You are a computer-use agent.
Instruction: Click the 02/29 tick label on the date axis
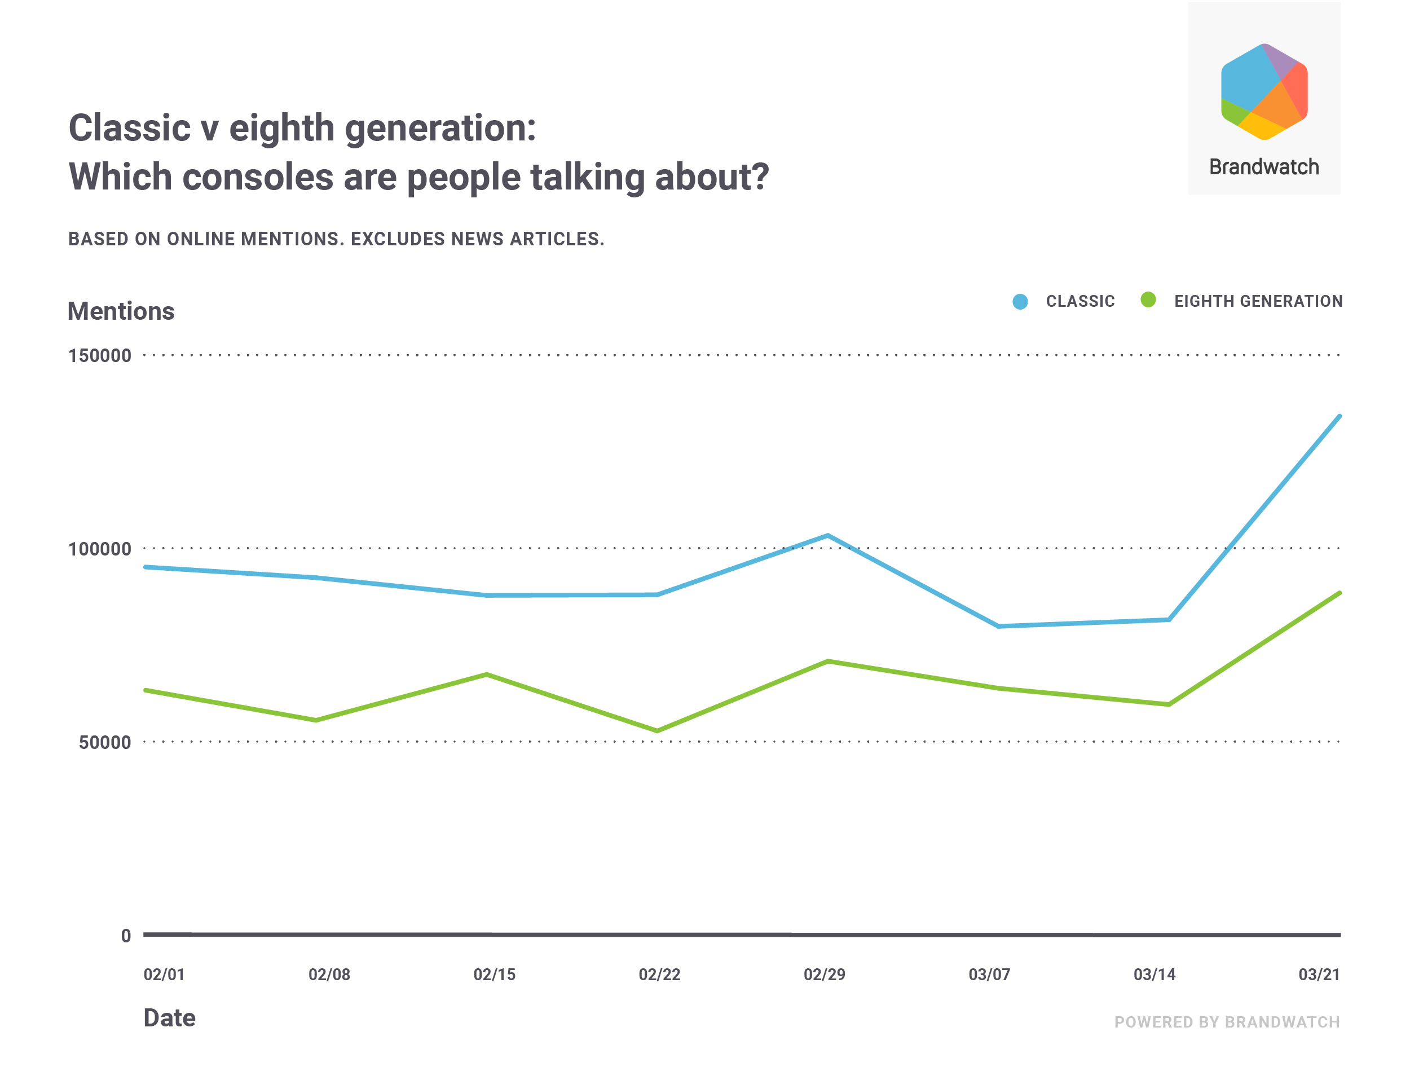click(x=824, y=975)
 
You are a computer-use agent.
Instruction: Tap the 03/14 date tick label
click(x=1155, y=975)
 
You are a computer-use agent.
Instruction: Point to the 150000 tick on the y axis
click(x=99, y=356)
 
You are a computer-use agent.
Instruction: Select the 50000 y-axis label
click(x=104, y=743)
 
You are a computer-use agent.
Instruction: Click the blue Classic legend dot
click(x=1020, y=302)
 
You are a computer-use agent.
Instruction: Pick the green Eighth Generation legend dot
click(x=1148, y=299)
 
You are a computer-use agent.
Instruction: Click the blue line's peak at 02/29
click(x=827, y=535)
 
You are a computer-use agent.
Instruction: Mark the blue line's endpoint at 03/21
click(x=1339, y=417)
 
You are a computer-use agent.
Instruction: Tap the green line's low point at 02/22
click(x=657, y=730)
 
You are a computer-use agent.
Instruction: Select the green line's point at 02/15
click(x=487, y=674)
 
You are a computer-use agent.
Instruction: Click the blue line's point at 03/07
click(x=998, y=627)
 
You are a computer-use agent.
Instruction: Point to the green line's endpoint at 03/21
click(x=1339, y=593)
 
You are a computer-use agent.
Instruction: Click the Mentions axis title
click(x=121, y=312)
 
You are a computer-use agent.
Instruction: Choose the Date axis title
click(x=170, y=1018)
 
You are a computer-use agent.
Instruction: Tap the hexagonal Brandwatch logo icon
click(x=1264, y=92)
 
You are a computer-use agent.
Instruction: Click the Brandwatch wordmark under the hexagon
click(x=1264, y=167)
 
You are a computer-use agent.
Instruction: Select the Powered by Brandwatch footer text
click(x=1227, y=1022)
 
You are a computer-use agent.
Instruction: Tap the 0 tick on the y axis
click(x=126, y=936)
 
